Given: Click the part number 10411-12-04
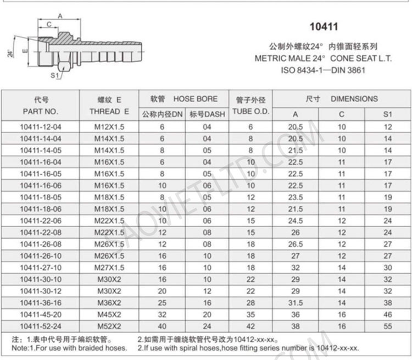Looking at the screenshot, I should click(41, 126).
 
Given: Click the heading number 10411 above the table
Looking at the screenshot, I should click(324, 26).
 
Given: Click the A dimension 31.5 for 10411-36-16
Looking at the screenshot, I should click(295, 303).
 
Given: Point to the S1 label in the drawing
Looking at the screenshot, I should click(54, 75).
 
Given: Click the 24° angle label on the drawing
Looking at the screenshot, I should click(10, 53).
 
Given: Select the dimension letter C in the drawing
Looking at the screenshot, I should click(49, 24).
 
